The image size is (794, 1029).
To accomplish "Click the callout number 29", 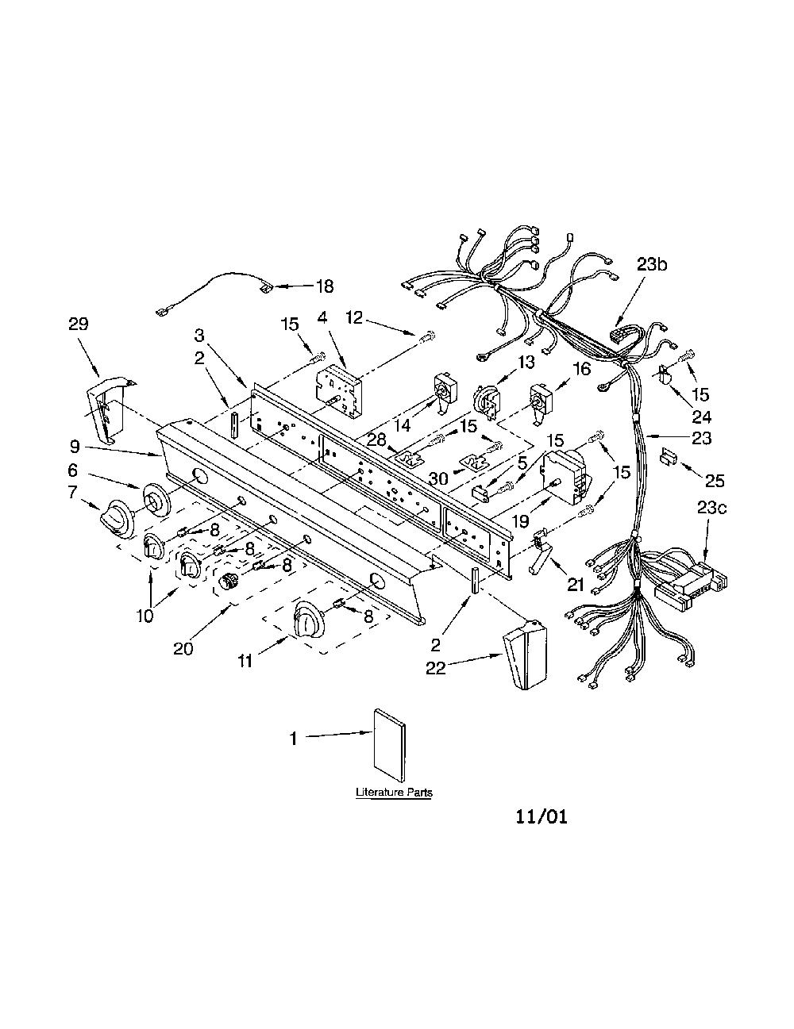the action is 79,324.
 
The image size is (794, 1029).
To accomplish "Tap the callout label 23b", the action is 652,264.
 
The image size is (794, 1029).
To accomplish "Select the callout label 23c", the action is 711,508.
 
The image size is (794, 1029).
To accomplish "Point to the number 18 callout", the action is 324,286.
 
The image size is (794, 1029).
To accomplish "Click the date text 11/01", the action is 541,817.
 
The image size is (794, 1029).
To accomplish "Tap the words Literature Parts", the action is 394,792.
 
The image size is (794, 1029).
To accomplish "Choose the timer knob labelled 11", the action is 308,620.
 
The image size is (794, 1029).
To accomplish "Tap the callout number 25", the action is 715,481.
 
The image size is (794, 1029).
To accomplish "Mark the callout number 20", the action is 183,648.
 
